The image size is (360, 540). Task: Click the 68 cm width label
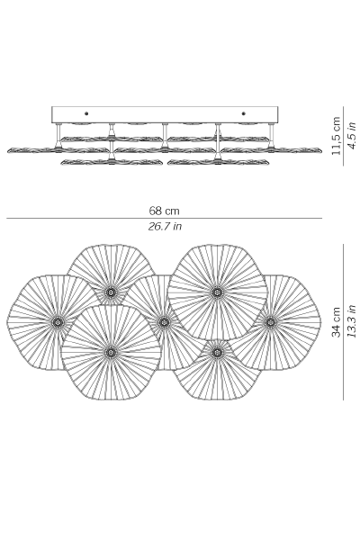164,211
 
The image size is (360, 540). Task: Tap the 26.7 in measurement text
165,226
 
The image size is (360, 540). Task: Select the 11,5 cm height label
336,136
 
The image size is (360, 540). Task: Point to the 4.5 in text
351,135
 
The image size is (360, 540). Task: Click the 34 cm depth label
336,322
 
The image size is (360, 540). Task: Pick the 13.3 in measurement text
351,321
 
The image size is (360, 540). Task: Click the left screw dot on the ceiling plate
86,113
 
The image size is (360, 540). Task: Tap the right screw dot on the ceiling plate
244,113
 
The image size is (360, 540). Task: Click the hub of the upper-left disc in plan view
111,292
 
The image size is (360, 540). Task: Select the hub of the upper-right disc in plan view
217,292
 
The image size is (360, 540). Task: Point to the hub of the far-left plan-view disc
58,322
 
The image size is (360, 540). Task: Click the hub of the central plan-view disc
164,322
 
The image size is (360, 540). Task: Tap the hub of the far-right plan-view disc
270,322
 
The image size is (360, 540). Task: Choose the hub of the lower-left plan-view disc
111,352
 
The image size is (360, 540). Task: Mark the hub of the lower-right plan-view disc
217,352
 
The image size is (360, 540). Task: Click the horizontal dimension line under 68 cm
165,218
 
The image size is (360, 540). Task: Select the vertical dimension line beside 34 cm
344,322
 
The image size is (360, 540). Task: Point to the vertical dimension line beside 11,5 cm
344,136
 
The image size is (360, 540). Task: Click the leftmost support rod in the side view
58,136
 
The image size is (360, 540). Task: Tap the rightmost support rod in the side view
272,136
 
